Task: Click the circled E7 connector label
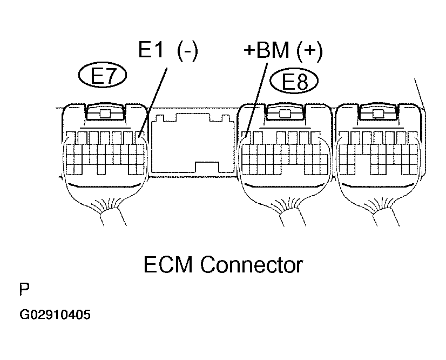pos(103,76)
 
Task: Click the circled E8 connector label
pos(294,81)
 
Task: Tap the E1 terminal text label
pos(151,50)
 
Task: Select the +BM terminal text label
pos(266,50)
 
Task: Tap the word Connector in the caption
pos(252,264)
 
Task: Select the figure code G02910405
pos(55,315)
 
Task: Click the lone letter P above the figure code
pos(24,289)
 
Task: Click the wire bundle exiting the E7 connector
pos(113,217)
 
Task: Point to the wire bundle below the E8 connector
pos(293,217)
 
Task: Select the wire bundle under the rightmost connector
pos(386,217)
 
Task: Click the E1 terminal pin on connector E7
pos(139,137)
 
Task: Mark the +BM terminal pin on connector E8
pos(246,137)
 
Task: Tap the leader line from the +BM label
pos(256,101)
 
